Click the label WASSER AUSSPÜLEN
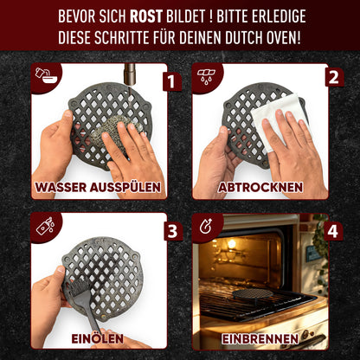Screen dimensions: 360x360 coord(100,186)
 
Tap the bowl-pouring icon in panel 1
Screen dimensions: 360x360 coord(42,75)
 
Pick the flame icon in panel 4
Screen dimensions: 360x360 coord(204,227)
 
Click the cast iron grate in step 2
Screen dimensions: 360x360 coord(247,117)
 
